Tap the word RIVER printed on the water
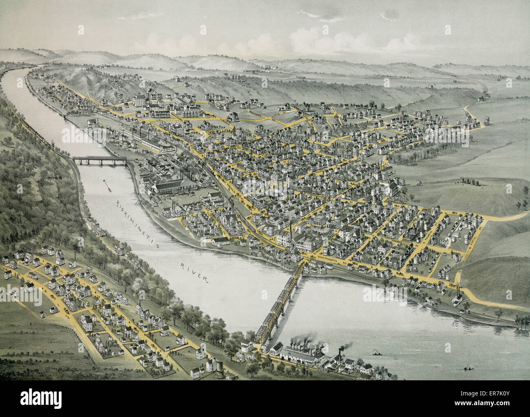(194, 273)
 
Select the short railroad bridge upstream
(99, 160)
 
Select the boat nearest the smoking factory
(374, 351)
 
